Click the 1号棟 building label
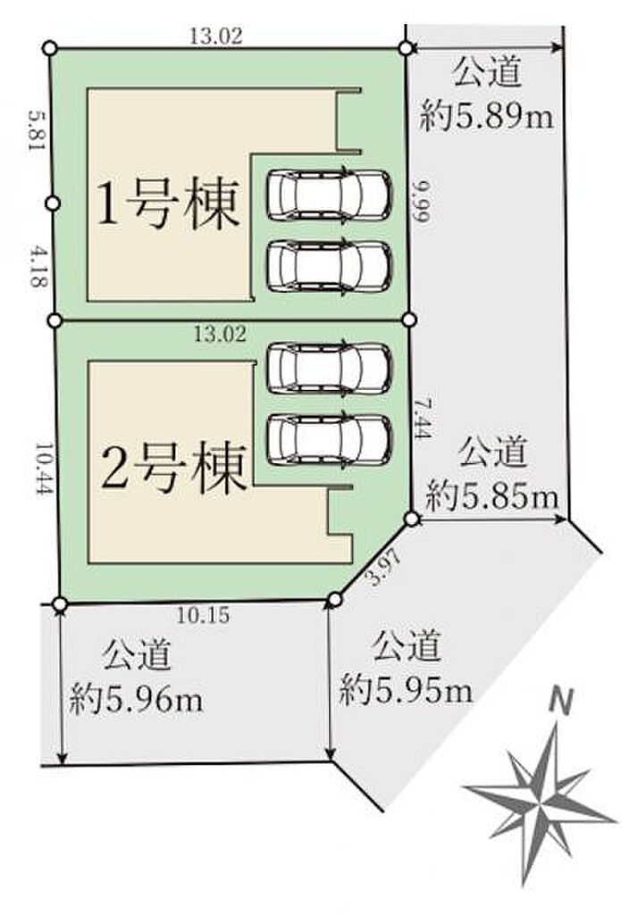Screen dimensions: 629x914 (x=168, y=204)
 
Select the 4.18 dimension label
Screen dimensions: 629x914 (x=36, y=266)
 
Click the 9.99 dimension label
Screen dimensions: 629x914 (x=420, y=200)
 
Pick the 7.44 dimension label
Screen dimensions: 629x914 (x=423, y=417)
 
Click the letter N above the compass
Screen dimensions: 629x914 (x=561, y=701)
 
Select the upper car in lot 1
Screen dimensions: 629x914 (x=329, y=195)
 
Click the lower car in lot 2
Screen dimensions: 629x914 (x=329, y=440)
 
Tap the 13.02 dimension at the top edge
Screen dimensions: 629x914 (x=216, y=37)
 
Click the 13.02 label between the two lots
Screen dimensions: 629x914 (x=220, y=335)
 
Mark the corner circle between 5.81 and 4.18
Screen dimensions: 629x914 (x=53, y=203)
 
